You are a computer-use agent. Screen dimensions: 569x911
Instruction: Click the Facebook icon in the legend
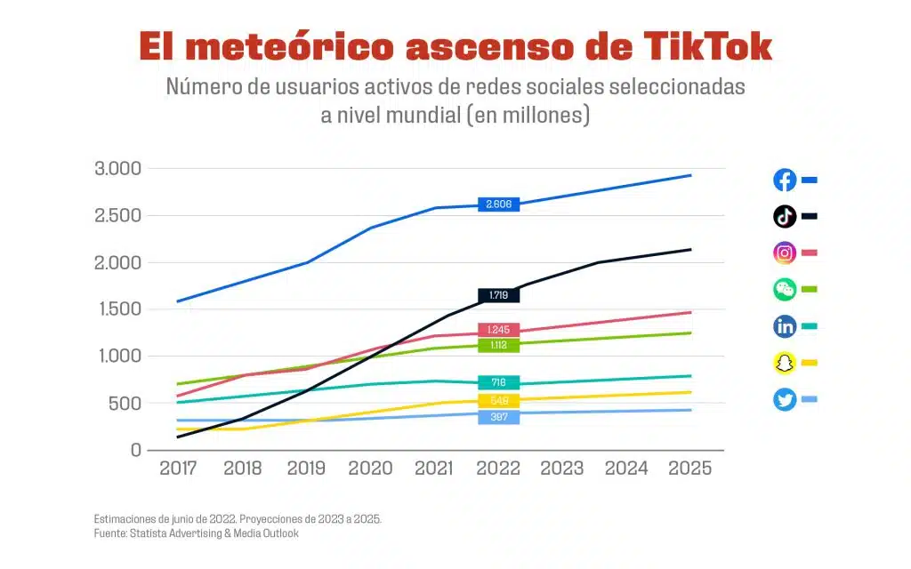pyautogui.click(x=785, y=180)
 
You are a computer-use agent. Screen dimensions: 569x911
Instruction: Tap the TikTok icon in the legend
pyautogui.click(x=785, y=216)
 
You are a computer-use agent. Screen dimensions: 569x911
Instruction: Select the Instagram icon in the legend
pyautogui.click(x=785, y=252)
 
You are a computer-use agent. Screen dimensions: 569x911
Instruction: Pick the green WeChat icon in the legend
pyautogui.click(x=785, y=289)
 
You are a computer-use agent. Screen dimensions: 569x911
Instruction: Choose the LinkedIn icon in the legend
pyautogui.click(x=785, y=326)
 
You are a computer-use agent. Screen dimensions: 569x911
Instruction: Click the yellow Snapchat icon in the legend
pyautogui.click(x=785, y=363)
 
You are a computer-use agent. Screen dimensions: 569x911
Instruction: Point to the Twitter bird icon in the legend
pyautogui.click(x=785, y=399)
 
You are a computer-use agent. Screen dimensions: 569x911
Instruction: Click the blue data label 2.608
pyautogui.click(x=498, y=204)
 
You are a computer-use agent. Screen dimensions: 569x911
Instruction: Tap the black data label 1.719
pyautogui.click(x=498, y=295)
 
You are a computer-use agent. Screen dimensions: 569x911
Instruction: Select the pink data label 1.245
pyautogui.click(x=498, y=330)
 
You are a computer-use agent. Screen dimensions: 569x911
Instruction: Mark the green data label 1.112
pyautogui.click(x=498, y=345)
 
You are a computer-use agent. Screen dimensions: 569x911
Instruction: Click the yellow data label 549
pyautogui.click(x=498, y=401)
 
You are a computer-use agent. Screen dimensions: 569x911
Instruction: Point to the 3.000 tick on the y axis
pyautogui.click(x=117, y=169)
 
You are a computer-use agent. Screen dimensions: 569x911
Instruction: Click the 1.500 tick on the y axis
pyautogui.click(x=117, y=309)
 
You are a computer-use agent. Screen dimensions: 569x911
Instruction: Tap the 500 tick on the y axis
pyautogui.click(x=125, y=404)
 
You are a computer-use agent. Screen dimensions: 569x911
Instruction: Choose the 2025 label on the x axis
pyautogui.click(x=689, y=469)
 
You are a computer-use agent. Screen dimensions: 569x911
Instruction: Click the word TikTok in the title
pyautogui.click(x=700, y=46)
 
